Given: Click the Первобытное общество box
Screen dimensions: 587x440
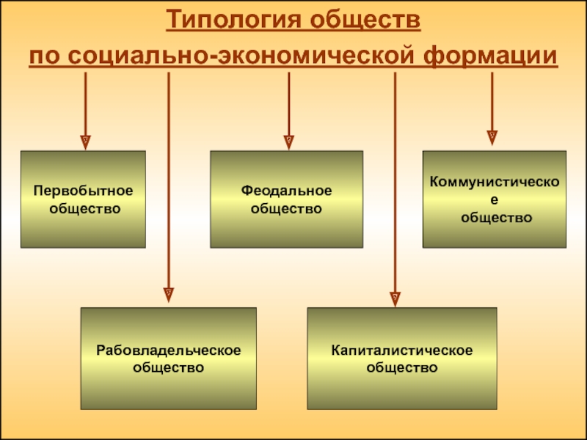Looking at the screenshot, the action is (x=83, y=199).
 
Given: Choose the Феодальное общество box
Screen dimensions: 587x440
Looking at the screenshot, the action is (x=287, y=199).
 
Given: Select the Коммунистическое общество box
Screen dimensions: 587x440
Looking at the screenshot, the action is (x=494, y=199).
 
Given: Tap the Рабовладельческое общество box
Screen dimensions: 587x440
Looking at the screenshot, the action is (x=168, y=358).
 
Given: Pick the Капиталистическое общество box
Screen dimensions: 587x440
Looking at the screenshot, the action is (x=401, y=358).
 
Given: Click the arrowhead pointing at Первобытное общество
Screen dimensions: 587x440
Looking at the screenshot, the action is (x=86, y=139).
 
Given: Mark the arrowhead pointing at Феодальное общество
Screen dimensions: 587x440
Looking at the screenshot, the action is (x=288, y=139).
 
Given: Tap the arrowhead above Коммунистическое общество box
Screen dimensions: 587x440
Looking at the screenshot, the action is (x=492, y=136).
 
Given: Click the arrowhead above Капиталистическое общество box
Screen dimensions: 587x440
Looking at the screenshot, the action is (x=395, y=297).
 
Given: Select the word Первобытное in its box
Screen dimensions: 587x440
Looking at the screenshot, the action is (x=84, y=191).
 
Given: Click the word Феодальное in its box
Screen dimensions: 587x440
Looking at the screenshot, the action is (x=287, y=191).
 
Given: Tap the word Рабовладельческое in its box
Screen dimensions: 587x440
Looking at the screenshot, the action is (x=168, y=350).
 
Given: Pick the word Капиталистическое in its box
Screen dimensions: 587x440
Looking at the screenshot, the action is (x=401, y=350).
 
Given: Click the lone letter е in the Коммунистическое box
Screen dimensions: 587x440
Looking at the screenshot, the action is (x=494, y=199).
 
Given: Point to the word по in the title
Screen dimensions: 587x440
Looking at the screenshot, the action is (x=42, y=56).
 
